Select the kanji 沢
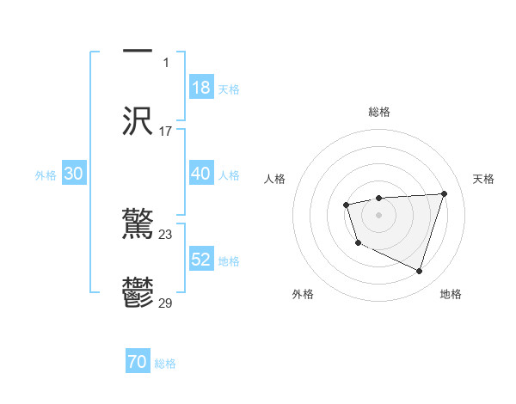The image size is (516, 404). click(x=138, y=120)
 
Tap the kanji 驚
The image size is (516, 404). click(x=138, y=224)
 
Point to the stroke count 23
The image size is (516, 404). click(x=166, y=234)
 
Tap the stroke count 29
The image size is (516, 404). click(x=166, y=303)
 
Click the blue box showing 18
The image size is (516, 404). click(x=200, y=87)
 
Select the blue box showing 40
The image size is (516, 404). click(x=200, y=174)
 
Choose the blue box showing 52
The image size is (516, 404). click(x=200, y=260)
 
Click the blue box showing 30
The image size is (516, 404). click(x=73, y=174)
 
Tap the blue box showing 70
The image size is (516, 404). click(x=137, y=362)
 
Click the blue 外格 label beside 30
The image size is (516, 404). click(x=46, y=175)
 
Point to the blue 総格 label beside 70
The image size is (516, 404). click(x=165, y=364)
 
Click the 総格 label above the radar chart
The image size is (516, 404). click(x=378, y=112)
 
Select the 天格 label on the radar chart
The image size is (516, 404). click(x=483, y=179)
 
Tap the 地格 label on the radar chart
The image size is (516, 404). click(x=451, y=294)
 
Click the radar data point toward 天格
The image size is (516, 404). click(x=444, y=193)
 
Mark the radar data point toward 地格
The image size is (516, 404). click(x=419, y=272)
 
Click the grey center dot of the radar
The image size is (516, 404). click(x=378, y=214)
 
